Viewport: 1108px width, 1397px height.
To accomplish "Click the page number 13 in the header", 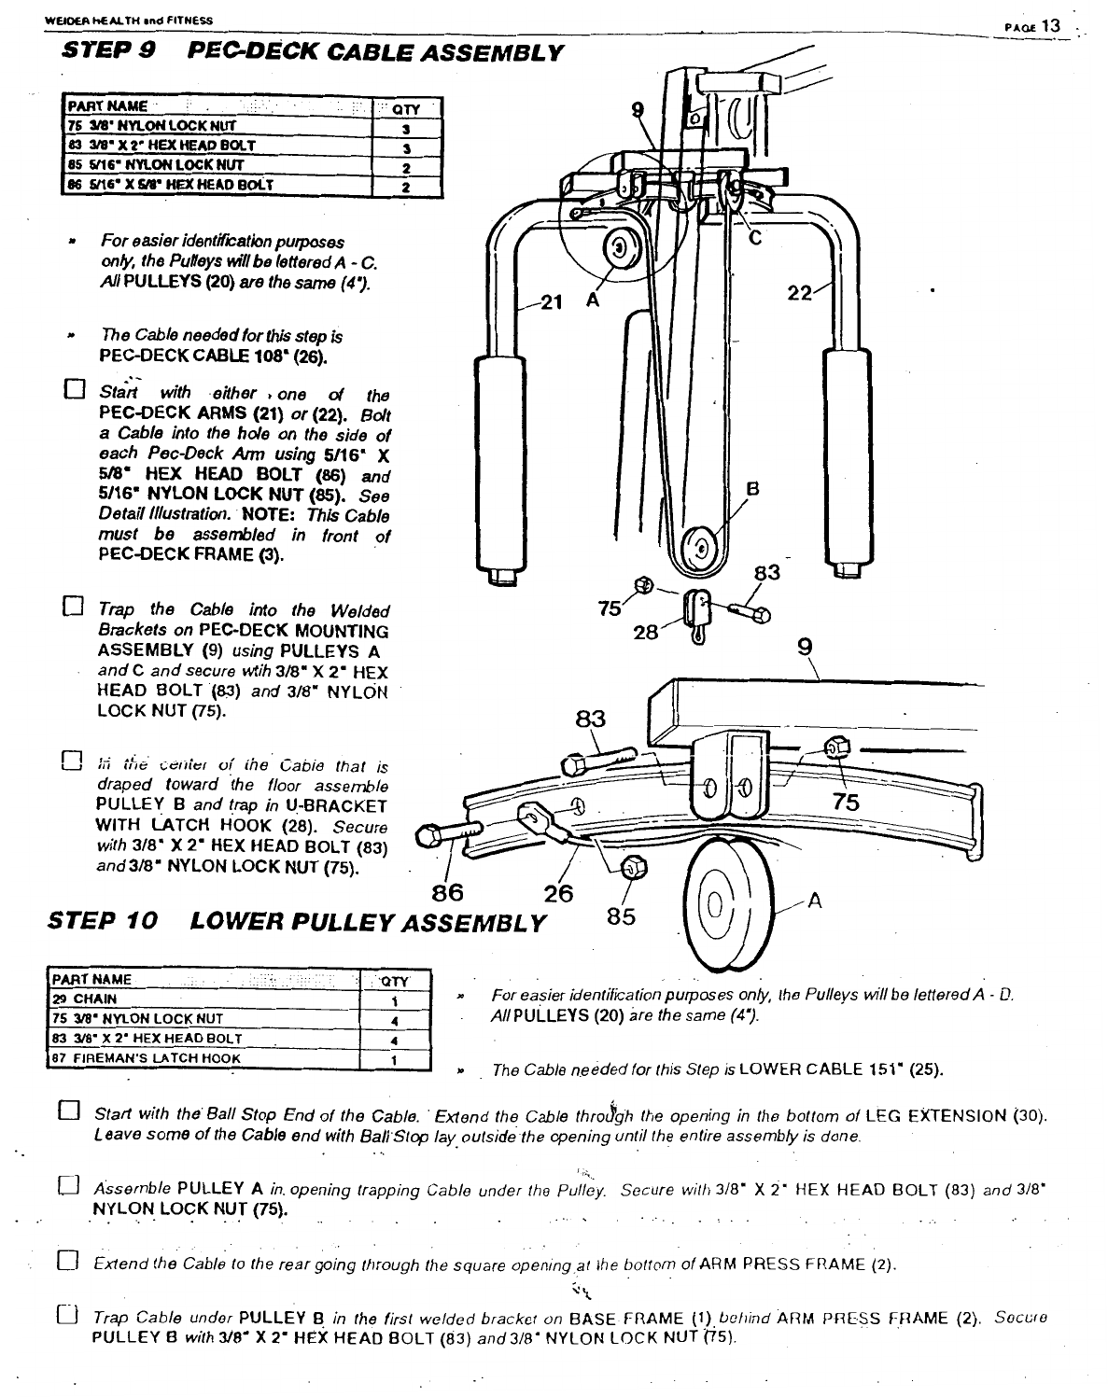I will [1052, 25].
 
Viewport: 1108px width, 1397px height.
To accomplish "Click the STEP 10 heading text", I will [102, 921].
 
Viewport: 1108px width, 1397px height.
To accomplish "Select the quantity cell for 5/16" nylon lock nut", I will [406, 167].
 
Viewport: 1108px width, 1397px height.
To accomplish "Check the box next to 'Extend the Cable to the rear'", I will [68, 1264].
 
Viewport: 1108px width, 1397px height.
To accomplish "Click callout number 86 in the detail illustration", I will [448, 892].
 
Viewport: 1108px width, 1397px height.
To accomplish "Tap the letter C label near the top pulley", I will [756, 238].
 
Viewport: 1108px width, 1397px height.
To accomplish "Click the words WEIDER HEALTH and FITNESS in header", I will [129, 20].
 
